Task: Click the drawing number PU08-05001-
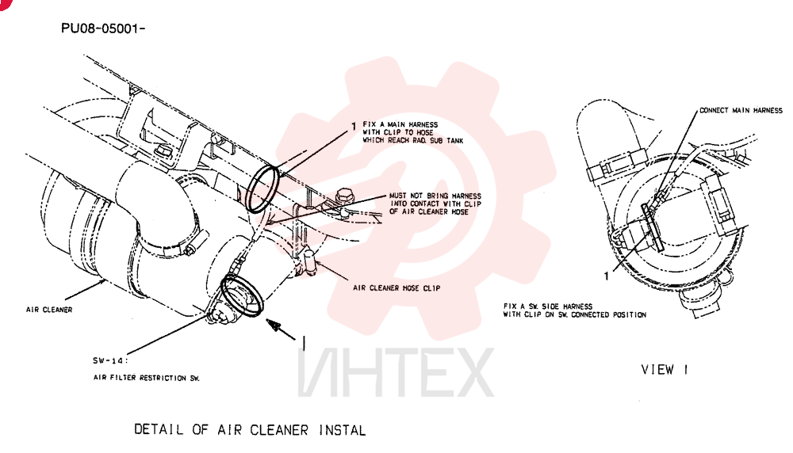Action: pos(103,29)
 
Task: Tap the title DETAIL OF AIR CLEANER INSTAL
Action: pos(250,430)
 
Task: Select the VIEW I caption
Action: pos(665,370)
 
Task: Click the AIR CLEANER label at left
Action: pos(49,310)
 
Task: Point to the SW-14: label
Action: pos(110,360)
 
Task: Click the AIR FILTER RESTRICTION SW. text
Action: pos(146,378)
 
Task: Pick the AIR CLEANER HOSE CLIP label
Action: pos(396,287)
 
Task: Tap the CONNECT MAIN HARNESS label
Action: pos(741,110)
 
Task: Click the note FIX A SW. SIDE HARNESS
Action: pos(548,306)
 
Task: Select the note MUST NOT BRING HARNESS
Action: pos(435,196)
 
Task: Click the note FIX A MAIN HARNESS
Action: pos(400,124)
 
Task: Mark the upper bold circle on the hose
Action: pos(262,189)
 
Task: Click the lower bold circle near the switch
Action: pos(243,296)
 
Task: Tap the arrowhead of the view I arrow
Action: pos(274,325)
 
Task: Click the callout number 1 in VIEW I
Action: pos(607,276)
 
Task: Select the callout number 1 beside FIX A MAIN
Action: pos(354,126)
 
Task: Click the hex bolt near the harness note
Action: pos(344,195)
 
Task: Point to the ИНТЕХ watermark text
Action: pos(396,372)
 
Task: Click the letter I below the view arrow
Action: pos(304,343)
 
